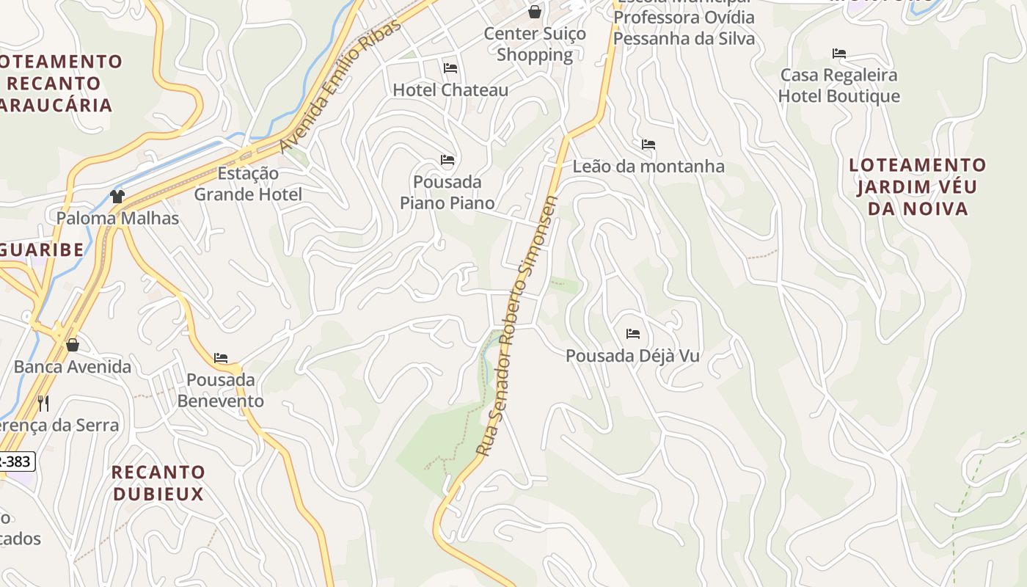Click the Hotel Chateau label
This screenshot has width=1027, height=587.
tap(450, 90)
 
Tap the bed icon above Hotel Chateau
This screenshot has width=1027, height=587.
tap(450, 68)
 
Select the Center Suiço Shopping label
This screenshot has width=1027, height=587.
tap(535, 44)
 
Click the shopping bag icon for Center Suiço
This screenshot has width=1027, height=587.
tap(535, 12)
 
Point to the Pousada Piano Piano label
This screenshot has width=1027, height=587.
tap(447, 192)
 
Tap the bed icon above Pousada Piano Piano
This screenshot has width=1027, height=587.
tap(447, 160)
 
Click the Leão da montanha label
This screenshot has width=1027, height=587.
tap(648, 167)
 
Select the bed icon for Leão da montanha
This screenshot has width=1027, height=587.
tap(648, 145)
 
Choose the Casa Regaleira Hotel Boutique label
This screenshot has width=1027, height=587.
tap(839, 86)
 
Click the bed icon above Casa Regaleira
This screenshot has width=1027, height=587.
tap(839, 54)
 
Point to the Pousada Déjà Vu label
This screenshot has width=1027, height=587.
tap(632, 356)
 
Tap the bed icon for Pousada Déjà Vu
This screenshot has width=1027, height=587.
tap(633, 334)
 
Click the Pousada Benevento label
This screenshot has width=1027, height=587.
tap(221, 390)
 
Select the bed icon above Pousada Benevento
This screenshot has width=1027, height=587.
tap(221, 358)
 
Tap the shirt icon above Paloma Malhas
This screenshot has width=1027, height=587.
tap(117, 196)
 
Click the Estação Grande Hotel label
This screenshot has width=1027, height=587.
tap(248, 184)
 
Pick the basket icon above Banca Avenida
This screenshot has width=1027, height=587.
tap(73, 344)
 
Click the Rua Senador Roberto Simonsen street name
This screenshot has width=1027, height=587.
tap(517, 326)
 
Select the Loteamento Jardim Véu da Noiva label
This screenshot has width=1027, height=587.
tap(918, 186)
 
